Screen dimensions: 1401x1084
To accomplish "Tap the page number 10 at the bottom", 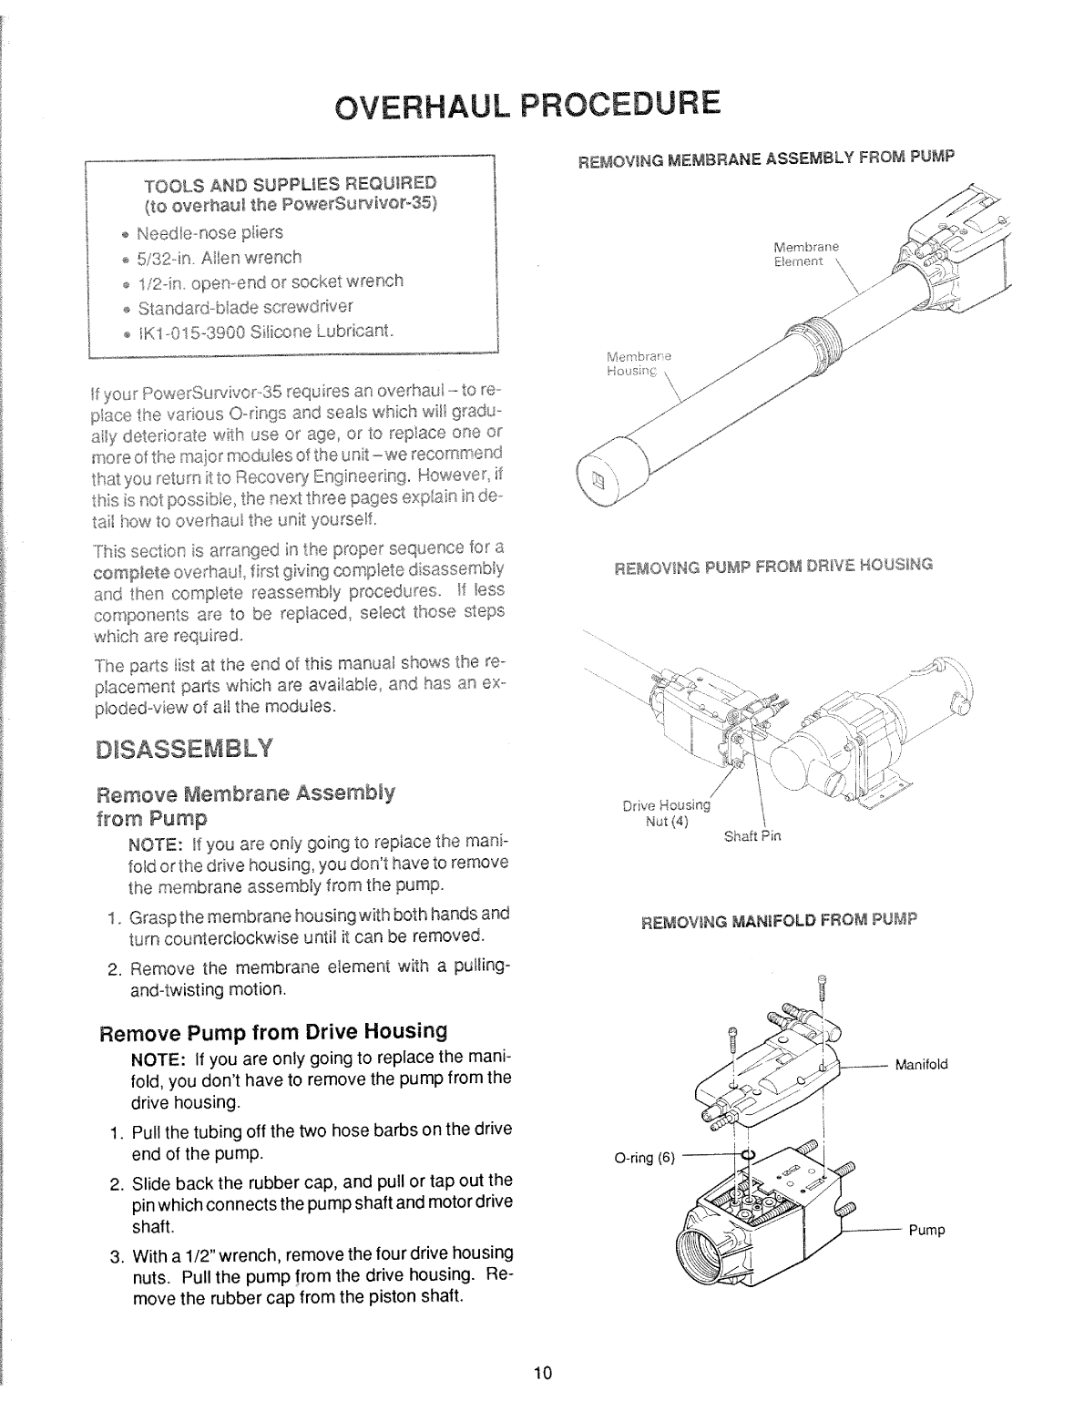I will (x=544, y=1374).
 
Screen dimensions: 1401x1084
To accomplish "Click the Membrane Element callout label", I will (x=805, y=254).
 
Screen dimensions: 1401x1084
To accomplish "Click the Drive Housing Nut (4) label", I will (x=666, y=812).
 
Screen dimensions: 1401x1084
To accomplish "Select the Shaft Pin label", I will (x=752, y=835).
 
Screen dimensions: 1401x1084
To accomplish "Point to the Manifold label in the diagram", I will (x=922, y=1064).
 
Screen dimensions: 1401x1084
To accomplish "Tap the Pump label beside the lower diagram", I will (x=926, y=1231).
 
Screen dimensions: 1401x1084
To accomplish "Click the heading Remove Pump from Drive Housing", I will (x=273, y=1032).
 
